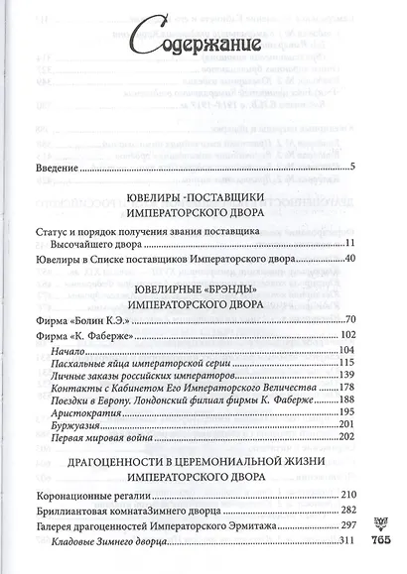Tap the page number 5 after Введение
click(x=351, y=166)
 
